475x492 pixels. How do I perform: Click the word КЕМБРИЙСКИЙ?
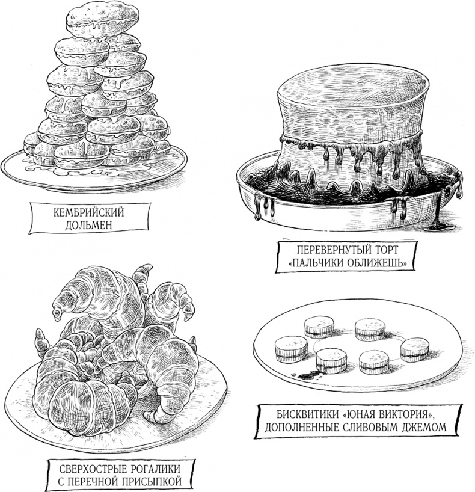88,212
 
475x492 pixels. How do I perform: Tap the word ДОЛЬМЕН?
88,226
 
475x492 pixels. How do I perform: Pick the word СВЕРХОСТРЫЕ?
93,469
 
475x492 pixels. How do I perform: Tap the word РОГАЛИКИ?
155,469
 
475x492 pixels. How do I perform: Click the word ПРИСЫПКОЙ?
152,482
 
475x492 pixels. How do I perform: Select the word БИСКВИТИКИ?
308,414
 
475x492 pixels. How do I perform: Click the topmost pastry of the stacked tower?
103,20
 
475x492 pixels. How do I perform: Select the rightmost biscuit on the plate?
414,349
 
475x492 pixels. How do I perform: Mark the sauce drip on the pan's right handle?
456,185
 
